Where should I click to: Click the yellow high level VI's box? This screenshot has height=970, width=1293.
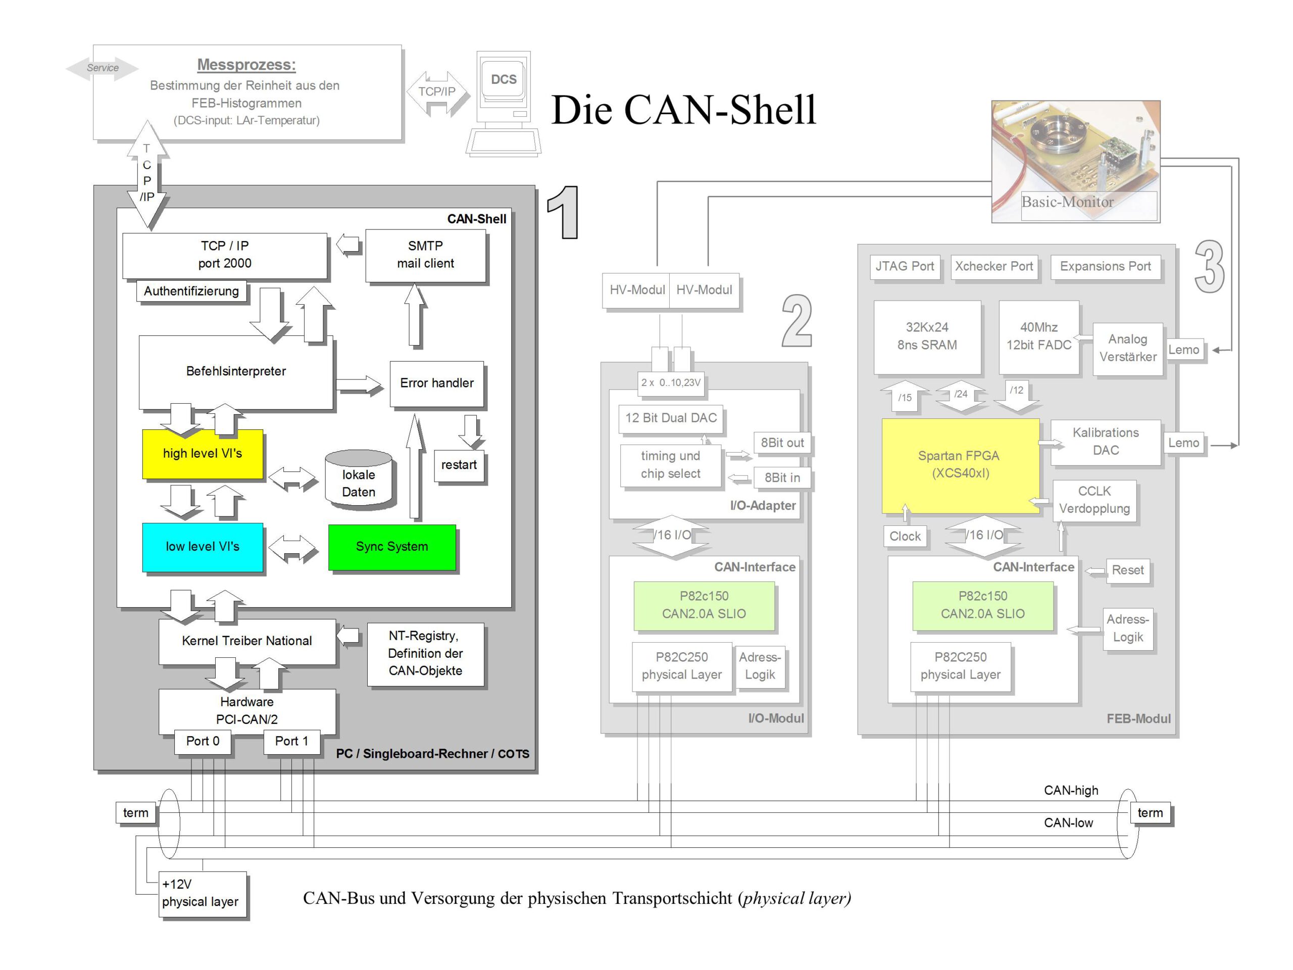tap(202, 454)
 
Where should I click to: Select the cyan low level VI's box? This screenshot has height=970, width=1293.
tap(202, 547)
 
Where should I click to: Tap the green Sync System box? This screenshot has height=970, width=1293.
tap(391, 547)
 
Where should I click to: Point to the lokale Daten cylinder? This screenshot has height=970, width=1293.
tap(358, 479)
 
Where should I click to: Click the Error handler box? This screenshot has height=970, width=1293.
tap(437, 383)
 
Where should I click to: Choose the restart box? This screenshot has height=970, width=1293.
tap(459, 465)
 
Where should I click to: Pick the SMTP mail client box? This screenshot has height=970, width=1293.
tap(426, 255)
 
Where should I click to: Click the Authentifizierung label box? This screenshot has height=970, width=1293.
tap(191, 291)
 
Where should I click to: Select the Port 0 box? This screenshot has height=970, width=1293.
tap(203, 741)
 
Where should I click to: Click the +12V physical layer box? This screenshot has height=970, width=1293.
tap(202, 893)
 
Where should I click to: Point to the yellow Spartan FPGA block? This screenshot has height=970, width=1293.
tap(960, 465)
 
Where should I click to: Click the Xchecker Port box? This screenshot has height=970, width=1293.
tap(993, 267)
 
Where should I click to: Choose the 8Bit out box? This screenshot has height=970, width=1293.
tap(782, 443)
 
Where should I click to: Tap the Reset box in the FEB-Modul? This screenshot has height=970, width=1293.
tap(1127, 571)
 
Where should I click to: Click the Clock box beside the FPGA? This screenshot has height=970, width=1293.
tap(905, 537)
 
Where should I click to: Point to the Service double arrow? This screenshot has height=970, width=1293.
tap(103, 68)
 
